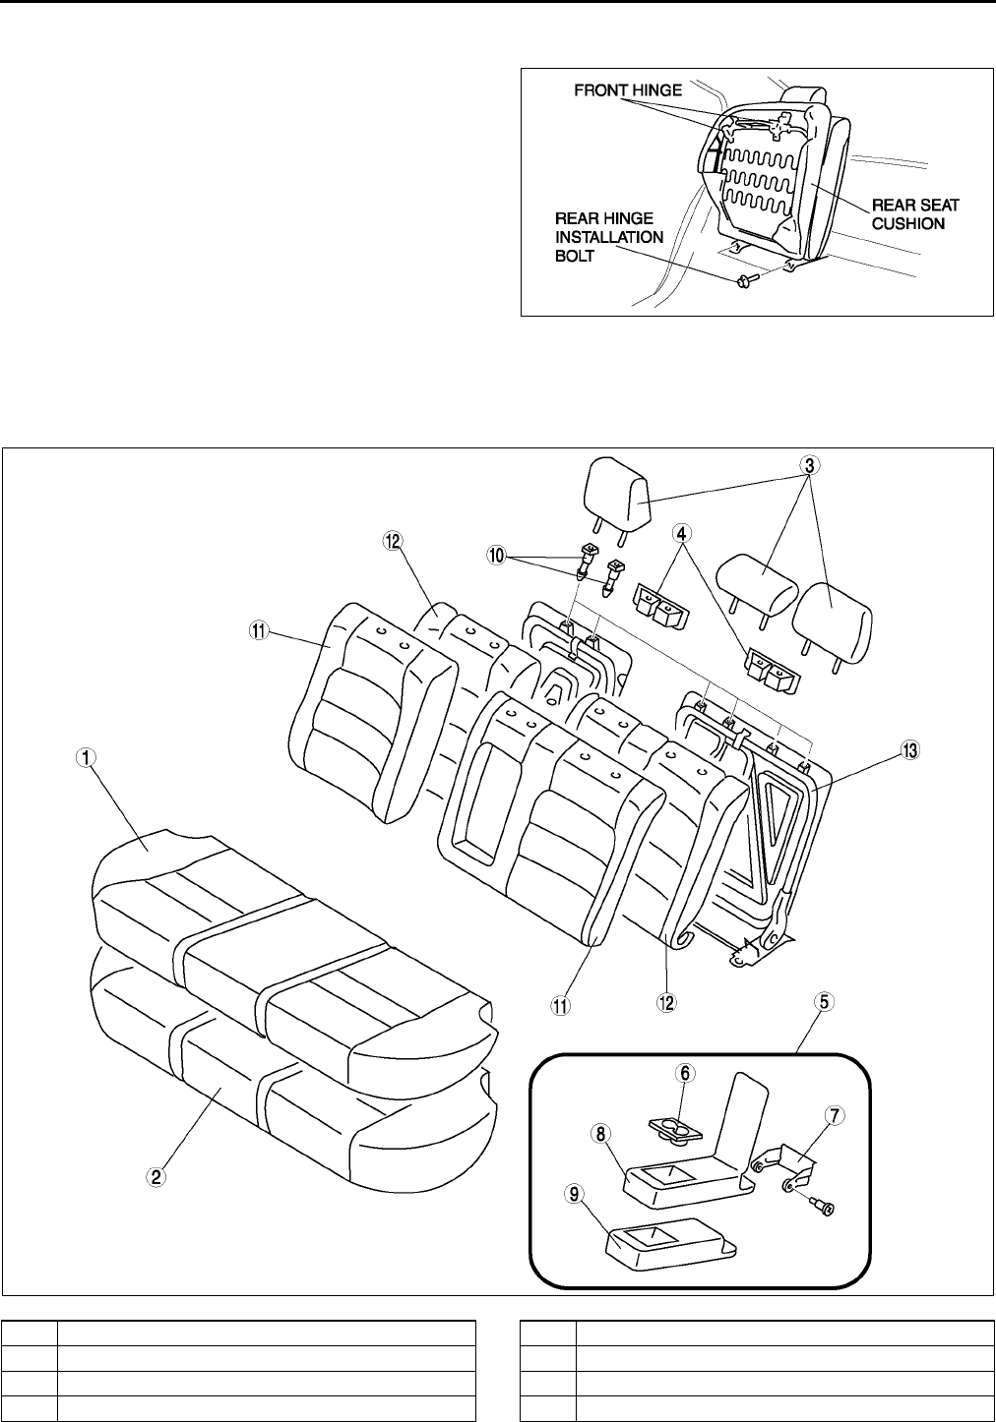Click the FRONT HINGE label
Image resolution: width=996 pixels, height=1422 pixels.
pos(628,90)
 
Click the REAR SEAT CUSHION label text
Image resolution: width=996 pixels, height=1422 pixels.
pos(916,214)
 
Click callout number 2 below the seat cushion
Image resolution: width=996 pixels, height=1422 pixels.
pos(156,1173)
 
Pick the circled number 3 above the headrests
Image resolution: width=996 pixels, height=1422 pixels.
pos(809,465)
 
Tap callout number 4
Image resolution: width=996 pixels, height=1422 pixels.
pos(680,534)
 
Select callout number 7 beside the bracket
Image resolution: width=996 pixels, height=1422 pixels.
pos(834,1115)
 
